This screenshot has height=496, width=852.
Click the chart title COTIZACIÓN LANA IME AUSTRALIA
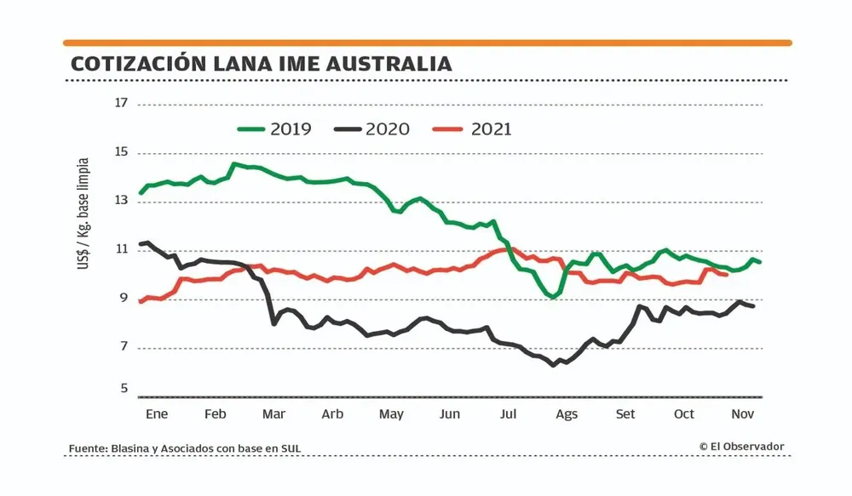261,64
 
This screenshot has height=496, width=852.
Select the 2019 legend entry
274,130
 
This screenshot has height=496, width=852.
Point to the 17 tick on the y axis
120,104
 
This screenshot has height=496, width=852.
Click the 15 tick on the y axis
120,153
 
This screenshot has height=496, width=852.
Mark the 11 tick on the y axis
120,250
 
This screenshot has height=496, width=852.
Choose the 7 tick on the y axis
121,347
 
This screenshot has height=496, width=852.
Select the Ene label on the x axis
156,414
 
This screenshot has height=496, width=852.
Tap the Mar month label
273,414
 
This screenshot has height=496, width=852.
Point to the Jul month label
509,414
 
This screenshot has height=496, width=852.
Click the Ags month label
567,414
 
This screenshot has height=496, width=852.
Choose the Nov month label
743,414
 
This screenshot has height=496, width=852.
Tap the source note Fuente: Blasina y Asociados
185,448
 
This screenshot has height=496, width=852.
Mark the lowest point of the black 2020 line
554,364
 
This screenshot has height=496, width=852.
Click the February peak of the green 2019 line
233,163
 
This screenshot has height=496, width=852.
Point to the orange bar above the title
427,43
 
